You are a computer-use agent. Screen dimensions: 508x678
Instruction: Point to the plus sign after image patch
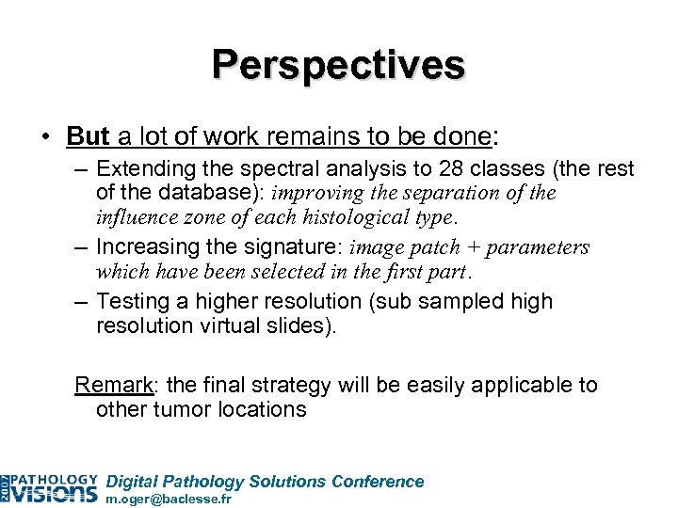[480, 247]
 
